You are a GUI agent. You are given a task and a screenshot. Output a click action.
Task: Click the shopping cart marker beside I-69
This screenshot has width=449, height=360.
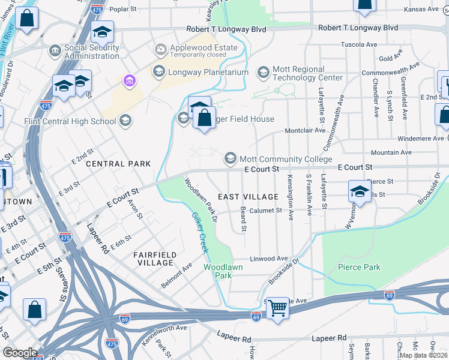point(277,308)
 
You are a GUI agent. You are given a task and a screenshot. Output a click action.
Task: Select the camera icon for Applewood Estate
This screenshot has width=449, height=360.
point(160,49)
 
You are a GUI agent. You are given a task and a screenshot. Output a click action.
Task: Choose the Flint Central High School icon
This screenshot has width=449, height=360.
point(125,122)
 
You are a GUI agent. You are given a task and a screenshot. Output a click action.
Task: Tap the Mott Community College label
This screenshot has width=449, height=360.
point(286,159)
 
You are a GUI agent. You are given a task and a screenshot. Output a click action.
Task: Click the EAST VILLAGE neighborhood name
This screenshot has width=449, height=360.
point(248,197)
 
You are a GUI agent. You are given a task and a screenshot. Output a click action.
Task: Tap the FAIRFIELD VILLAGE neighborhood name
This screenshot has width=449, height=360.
point(155,259)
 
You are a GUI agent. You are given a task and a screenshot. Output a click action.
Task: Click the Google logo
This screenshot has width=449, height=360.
point(20,353)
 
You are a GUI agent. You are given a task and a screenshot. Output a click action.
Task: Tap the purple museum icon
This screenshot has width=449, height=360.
point(128,80)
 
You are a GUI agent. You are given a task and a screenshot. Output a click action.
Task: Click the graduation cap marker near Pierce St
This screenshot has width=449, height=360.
point(359,191)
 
